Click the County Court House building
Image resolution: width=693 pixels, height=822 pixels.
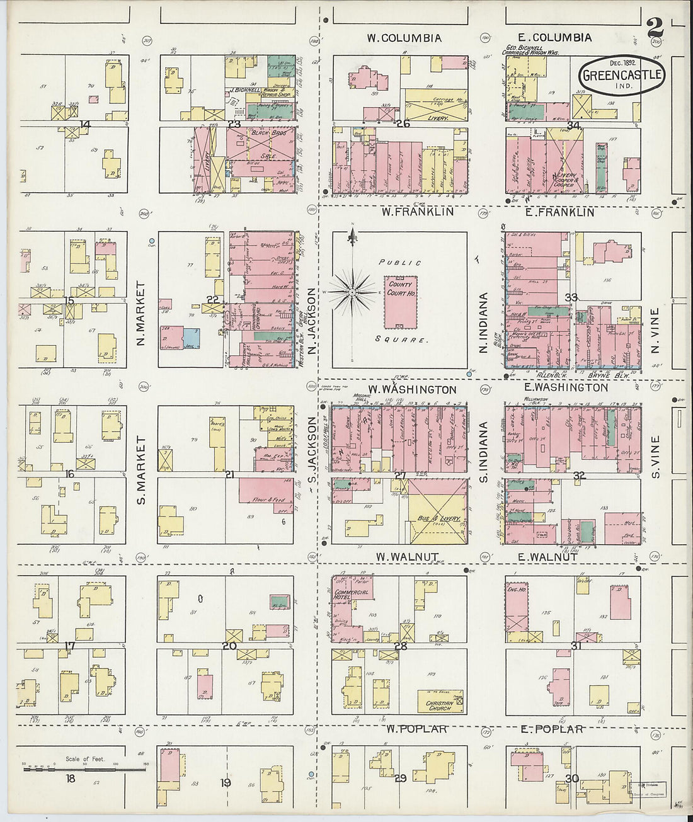[401, 302]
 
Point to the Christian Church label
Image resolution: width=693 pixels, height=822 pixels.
[440, 705]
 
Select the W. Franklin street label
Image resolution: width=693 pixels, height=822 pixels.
[417, 212]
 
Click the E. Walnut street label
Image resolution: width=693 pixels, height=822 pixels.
[548, 557]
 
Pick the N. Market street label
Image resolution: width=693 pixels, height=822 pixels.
[140, 313]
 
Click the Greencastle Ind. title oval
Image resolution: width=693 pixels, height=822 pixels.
[621, 75]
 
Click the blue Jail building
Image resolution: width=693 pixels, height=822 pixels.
[192, 338]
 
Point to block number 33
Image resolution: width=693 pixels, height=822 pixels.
[571, 297]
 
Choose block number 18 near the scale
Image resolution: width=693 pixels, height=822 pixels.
[71, 779]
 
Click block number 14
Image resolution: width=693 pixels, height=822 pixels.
[84, 124]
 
